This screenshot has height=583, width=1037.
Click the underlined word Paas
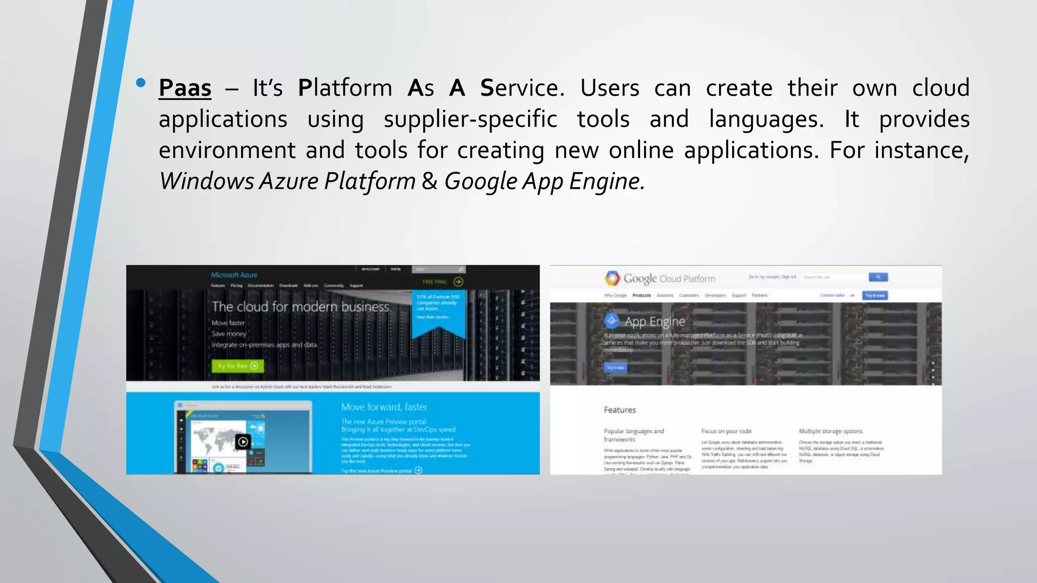(x=185, y=88)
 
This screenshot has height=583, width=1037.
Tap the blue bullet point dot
(x=141, y=82)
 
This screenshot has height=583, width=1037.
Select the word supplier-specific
(x=470, y=119)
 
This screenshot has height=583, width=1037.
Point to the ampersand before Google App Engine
(x=429, y=181)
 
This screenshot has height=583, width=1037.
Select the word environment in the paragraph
(x=227, y=150)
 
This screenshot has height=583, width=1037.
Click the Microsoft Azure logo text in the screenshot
(x=234, y=275)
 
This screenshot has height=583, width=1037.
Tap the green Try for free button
(x=237, y=365)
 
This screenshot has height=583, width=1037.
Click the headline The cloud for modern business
(x=300, y=307)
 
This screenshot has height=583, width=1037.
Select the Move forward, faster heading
(x=384, y=407)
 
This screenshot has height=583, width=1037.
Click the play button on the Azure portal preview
(x=243, y=442)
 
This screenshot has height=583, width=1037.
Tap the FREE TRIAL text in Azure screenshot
(x=435, y=282)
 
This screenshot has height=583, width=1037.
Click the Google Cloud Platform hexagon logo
(x=612, y=278)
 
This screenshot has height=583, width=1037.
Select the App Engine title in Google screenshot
(x=654, y=321)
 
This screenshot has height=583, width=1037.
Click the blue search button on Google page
(x=878, y=277)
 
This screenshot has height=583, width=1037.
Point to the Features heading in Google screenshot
(x=620, y=410)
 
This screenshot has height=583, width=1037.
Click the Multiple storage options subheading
(x=830, y=431)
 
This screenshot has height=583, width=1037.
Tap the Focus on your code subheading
(x=726, y=431)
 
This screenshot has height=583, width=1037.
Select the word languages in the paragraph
(x=766, y=119)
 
